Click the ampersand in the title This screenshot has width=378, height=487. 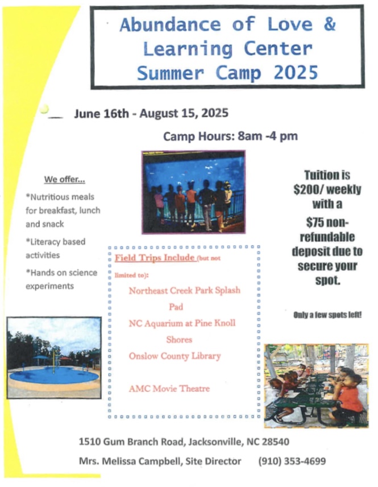coord(330,24)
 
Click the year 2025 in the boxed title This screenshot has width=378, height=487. coord(296,73)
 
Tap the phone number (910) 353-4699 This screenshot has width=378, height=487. coord(292,461)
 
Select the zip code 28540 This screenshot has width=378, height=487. coord(276,441)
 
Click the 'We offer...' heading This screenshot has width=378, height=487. coord(65,179)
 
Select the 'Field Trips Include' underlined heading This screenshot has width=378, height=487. coord(155,258)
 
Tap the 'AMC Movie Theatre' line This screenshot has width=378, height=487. coord(169,389)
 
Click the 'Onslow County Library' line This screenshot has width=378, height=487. coord(175,356)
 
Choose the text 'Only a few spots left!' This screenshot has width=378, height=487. coord(327,315)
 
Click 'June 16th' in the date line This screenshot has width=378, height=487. coord(101,113)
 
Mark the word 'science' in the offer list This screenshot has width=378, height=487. coord(82,273)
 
